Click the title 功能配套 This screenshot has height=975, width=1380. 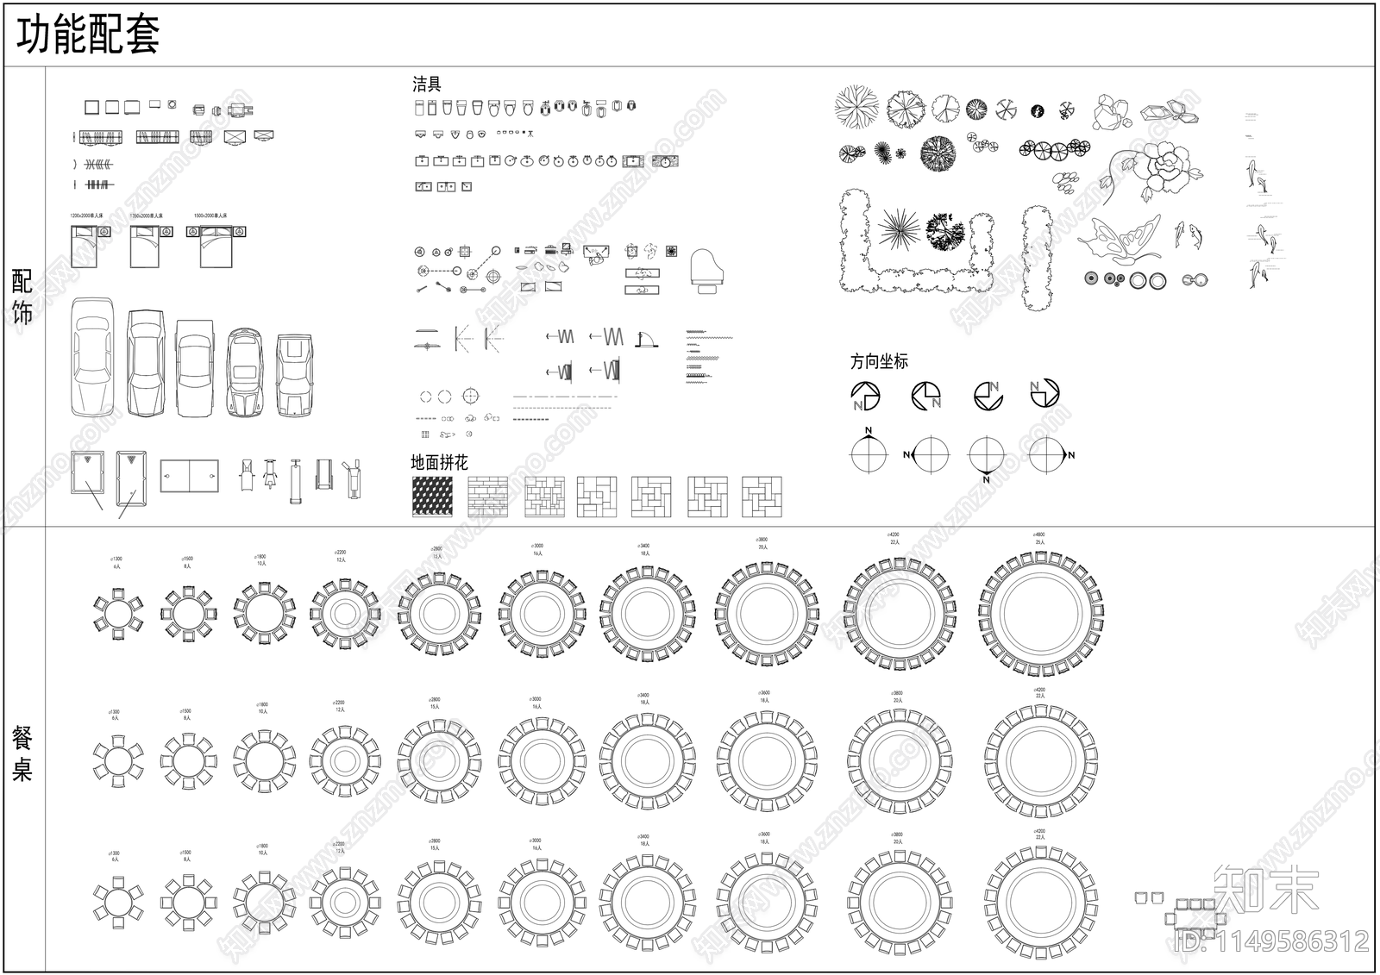[88, 36]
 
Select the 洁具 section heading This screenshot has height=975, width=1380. [427, 84]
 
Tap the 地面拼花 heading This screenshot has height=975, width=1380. [439, 463]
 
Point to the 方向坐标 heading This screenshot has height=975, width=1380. [879, 362]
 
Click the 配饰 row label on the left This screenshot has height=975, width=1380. [22, 297]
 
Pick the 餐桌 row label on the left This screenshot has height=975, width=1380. [22, 753]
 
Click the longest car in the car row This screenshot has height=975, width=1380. [92, 358]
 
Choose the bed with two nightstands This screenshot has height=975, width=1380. [216, 245]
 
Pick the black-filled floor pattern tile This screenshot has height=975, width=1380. [432, 497]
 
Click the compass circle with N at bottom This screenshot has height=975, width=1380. [986, 455]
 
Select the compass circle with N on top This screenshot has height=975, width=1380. [869, 453]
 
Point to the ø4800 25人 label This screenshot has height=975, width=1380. [1039, 538]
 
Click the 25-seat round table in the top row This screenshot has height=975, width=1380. [1042, 615]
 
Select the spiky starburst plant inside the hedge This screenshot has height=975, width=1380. [900, 229]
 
